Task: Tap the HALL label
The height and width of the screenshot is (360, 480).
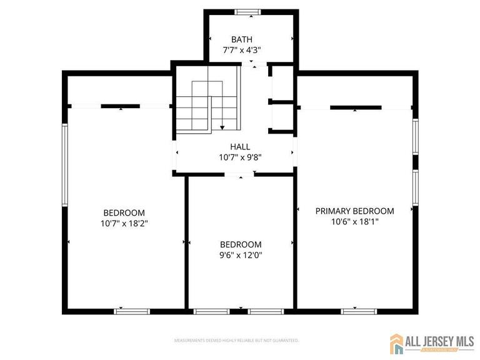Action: tap(240, 147)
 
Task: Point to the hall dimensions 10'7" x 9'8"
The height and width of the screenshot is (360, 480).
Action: tap(240, 157)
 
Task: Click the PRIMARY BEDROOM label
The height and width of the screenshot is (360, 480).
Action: tap(354, 211)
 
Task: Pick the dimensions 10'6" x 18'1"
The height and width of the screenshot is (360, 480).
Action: tap(354, 222)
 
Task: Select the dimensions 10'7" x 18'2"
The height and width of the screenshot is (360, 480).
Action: tap(124, 223)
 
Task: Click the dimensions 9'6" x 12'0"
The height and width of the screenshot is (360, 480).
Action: tap(241, 255)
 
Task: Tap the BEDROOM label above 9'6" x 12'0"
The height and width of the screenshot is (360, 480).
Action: tap(241, 244)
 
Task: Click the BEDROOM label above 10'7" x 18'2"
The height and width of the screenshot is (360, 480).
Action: tap(124, 212)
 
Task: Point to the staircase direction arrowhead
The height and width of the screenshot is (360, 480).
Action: tap(222, 127)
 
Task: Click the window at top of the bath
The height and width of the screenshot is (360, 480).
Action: tap(247, 11)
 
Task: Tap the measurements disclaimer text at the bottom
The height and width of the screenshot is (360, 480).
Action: tap(236, 341)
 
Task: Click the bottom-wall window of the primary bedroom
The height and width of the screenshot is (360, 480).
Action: tap(358, 310)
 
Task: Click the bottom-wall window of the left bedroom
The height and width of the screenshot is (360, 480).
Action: tap(132, 310)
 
